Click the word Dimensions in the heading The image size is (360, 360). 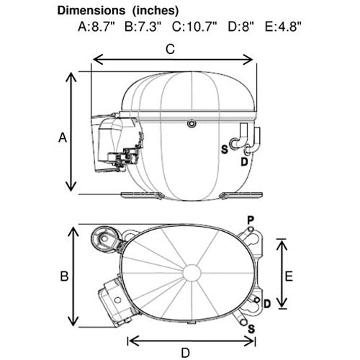pyautogui.click(x=91, y=11)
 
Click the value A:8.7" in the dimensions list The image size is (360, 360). pyautogui.click(x=96, y=27)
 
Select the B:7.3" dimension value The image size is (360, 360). pyautogui.click(x=143, y=27)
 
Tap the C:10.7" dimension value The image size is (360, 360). pyautogui.click(x=194, y=27)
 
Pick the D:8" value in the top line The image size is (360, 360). pyautogui.click(x=240, y=27)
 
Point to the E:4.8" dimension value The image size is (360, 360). pyautogui.click(x=283, y=27)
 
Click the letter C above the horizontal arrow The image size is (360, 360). pyautogui.click(x=170, y=50)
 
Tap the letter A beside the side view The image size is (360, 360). pyautogui.click(x=63, y=138)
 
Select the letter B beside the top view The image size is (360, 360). pyautogui.click(x=64, y=276)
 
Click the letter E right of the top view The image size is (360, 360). pyautogui.click(x=289, y=276)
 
